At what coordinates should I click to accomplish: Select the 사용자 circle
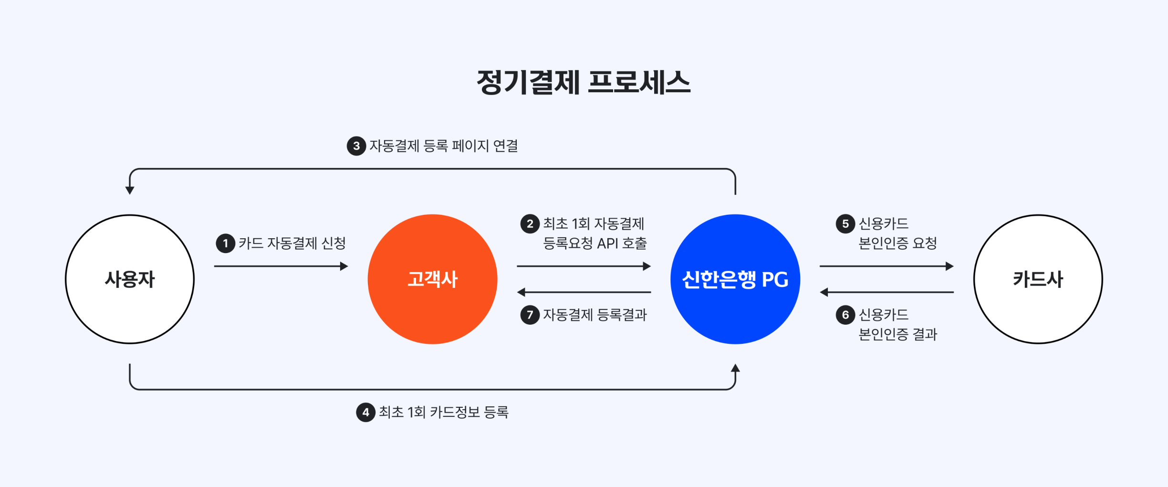pos(130,279)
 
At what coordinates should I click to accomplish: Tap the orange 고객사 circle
pos(432,279)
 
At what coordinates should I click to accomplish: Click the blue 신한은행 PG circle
pos(735,279)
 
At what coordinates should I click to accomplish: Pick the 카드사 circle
pos(1038,279)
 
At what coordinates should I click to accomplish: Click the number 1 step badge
pos(225,243)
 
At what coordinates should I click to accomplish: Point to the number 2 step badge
pos(530,223)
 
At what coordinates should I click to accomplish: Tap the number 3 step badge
pos(356,146)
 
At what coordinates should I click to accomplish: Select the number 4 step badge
pos(365,413)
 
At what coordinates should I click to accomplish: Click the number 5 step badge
pos(845,223)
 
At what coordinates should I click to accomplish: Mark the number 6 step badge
pos(845,315)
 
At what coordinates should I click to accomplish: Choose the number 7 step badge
pos(530,315)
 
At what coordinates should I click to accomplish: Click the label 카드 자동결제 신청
pos(292,243)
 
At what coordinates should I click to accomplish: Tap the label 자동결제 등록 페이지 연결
pos(444,146)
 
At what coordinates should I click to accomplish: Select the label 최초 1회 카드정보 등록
pos(444,413)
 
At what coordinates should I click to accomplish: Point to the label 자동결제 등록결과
pos(595,315)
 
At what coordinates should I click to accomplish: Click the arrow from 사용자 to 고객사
pos(281,266)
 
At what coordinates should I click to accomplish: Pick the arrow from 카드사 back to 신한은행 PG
pos(886,292)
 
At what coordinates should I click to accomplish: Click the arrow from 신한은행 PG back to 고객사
pos(584,292)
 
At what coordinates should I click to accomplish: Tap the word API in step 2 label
pos(607,243)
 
